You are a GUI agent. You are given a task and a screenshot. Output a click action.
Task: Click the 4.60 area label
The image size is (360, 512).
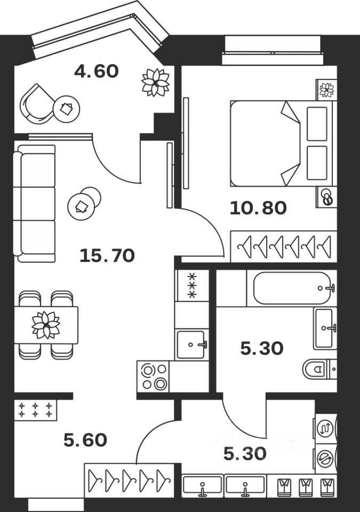pyautogui.click(x=97, y=71)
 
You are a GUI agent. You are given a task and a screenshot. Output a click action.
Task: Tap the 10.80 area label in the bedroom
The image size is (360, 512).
pyautogui.click(x=258, y=207)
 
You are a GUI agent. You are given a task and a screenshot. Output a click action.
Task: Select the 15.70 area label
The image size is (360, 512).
pyautogui.click(x=107, y=257)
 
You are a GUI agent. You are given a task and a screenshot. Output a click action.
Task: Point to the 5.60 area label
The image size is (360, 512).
pyautogui.click(x=85, y=440)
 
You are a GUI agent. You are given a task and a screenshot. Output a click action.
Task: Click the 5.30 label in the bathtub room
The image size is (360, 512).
pyautogui.click(x=262, y=349)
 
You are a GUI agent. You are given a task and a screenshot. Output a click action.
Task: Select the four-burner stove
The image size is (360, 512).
pyautogui.click(x=153, y=376)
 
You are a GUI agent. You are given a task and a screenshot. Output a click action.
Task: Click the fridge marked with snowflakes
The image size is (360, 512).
pyautogui.click(x=191, y=286)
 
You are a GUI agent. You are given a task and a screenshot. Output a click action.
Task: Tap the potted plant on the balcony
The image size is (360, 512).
pyautogui.click(x=155, y=83)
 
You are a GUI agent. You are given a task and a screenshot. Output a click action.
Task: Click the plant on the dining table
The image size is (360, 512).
pyautogui.click(x=46, y=325)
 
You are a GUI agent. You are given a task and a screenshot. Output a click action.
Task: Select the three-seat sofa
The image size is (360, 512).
pyautogui.click(x=35, y=203)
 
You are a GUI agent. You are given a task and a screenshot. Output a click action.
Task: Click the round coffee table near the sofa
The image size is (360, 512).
pyautogui.click(x=84, y=203)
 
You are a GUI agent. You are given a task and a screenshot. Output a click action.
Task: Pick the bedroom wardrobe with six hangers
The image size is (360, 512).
pyautogui.click(x=284, y=246)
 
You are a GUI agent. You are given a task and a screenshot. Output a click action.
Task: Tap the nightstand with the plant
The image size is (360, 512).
pyautogui.click(x=326, y=90)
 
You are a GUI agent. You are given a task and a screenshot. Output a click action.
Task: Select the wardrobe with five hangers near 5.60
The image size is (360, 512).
pyautogui.click(x=129, y=481)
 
